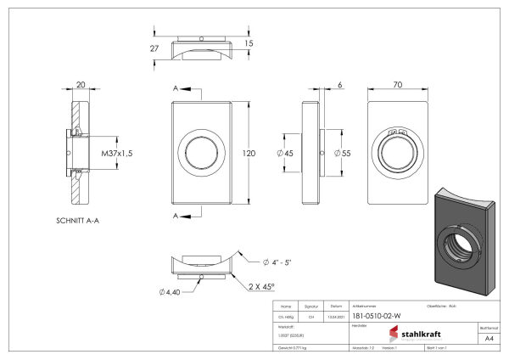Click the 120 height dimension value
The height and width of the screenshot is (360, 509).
click(249, 154)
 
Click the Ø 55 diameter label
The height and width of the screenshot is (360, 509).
click(343, 154)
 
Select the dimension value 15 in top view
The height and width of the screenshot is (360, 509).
click(249, 43)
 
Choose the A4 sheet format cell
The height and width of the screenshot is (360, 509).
click(489, 338)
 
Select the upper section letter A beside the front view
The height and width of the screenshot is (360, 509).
click(175, 88)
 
